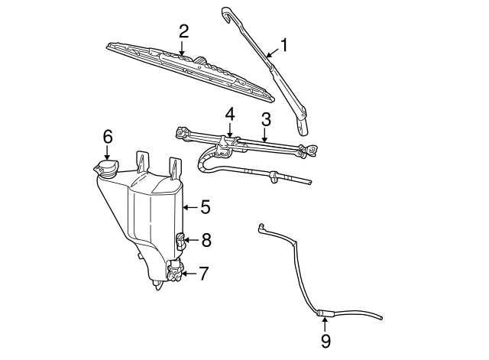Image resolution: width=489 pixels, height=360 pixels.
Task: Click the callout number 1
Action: coord(283,46)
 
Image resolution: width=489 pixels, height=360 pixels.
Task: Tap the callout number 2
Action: coord(183,31)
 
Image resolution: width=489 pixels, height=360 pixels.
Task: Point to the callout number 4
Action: coord(229,113)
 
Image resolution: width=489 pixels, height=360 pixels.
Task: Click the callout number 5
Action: coord(205,206)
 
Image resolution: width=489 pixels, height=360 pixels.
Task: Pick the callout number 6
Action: coord(108,136)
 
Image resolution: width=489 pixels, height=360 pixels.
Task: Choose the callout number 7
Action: coord(203,273)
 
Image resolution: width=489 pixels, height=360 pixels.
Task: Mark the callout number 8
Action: coord(206,240)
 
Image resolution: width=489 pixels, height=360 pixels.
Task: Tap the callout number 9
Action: coord(325,341)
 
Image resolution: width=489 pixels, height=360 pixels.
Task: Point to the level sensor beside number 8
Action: coord(181,241)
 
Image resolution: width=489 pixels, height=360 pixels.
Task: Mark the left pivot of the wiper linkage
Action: coord(182,135)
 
